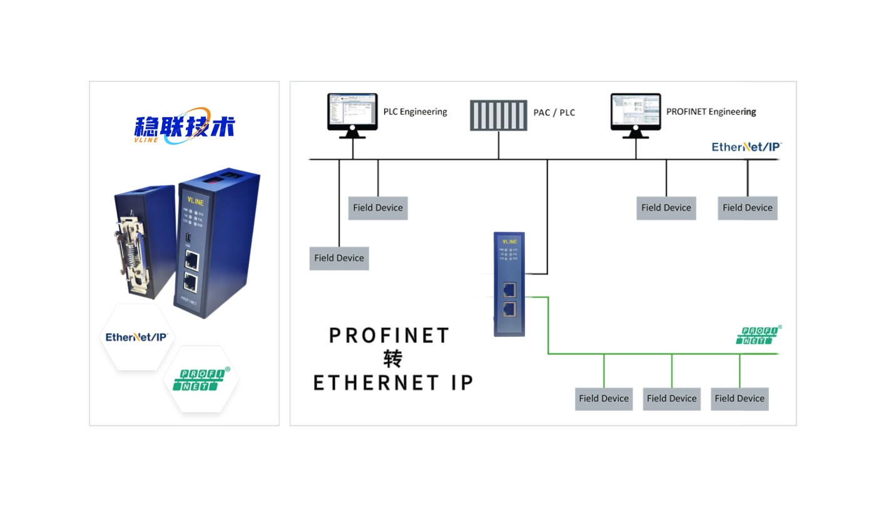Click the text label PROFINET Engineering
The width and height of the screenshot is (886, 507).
point(711,112)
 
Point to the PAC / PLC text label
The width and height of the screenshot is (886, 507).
point(554,113)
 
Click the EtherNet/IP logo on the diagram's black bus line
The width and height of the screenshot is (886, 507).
point(746,147)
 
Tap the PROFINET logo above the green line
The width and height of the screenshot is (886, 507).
point(758,335)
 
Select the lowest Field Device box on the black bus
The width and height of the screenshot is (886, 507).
point(339,258)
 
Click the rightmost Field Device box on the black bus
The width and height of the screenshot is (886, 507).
point(747,208)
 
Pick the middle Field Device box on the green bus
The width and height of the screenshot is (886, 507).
point(671,399)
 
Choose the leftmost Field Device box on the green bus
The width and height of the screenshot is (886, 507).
point(604,399)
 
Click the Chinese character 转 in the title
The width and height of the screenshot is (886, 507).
point(392,359)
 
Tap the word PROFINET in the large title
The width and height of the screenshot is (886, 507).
point(389,335)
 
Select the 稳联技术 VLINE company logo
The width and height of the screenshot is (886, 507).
point(185,126)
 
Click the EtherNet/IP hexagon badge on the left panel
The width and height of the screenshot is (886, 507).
point(136,337)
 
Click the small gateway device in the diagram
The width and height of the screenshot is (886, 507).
point(509,284)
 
